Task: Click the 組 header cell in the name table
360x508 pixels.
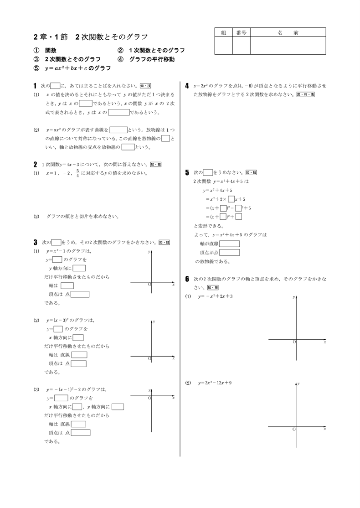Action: coord(223,32)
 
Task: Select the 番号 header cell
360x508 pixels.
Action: coord(242,32)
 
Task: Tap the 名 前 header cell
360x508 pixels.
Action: coord(288,32)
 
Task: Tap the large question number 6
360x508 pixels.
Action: coord(187,279)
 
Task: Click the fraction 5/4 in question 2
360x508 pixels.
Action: coord(78,173)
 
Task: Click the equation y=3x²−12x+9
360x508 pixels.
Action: coord(215,383)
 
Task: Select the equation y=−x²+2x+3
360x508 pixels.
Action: coord(215,296)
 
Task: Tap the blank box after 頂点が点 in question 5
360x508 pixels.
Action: coord(230,252)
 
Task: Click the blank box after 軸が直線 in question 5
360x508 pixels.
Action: coord(230,244)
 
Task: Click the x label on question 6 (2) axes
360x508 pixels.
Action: coord(324,429)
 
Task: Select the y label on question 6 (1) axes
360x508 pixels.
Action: coord(294,297)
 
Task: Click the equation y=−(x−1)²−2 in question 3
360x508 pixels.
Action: coord(76,390)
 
